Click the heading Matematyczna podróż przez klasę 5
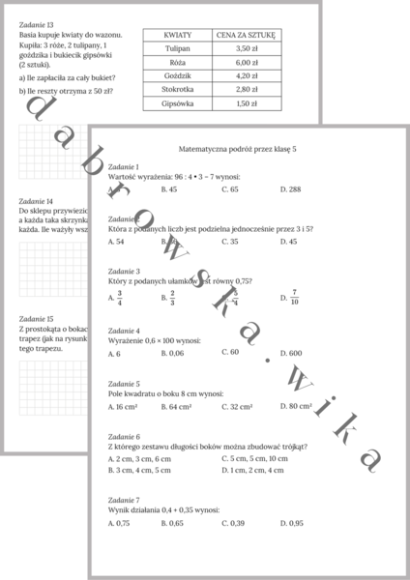coord(248,151)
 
